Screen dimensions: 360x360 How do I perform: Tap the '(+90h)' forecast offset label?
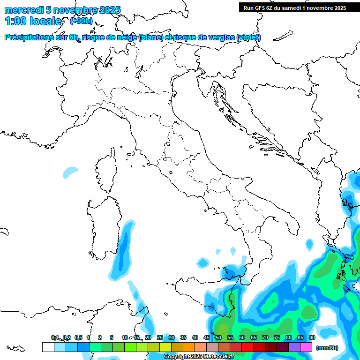81,21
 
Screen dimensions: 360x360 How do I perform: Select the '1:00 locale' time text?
33,21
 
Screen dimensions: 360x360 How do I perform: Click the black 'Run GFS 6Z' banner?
294,7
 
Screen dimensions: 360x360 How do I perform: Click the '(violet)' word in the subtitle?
248,37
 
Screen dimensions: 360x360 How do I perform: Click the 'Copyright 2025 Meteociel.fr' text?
199,357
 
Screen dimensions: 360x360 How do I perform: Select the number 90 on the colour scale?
312,337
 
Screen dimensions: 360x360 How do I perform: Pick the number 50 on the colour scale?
218,337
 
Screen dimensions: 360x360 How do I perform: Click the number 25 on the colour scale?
159,337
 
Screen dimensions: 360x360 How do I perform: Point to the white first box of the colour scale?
48,347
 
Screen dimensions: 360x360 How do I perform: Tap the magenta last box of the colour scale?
306,347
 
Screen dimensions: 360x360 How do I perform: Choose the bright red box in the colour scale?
247,347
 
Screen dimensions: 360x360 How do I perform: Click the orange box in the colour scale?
189,347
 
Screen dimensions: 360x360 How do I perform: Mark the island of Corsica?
106,171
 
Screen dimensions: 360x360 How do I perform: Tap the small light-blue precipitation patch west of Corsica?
71,172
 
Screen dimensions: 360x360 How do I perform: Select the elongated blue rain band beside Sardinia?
122,253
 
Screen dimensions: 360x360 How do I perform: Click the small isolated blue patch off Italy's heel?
309,244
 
